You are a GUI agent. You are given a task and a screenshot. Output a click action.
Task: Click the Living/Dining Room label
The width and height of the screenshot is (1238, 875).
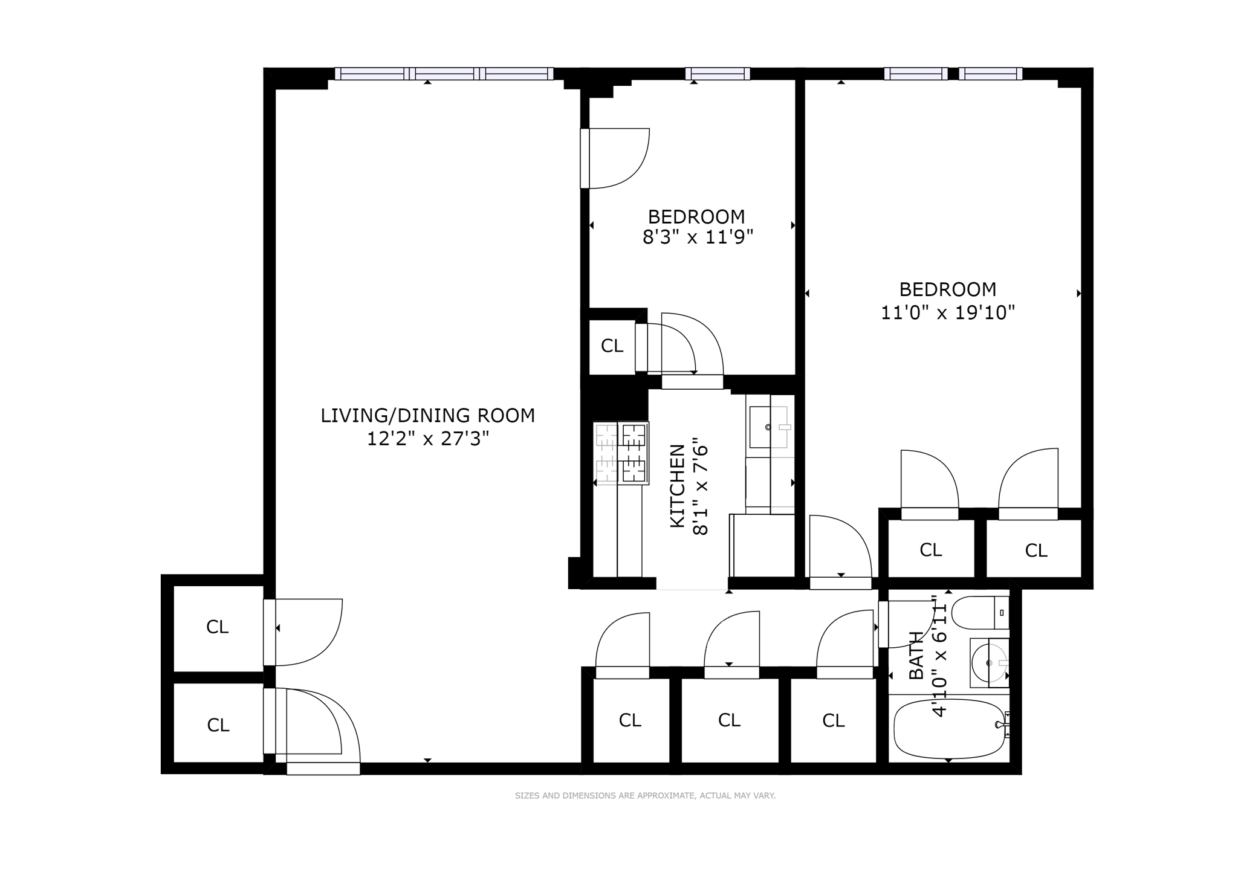tap(427, 416)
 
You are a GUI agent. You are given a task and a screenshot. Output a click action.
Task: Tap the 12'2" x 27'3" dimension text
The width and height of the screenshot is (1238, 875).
tap(427, 439)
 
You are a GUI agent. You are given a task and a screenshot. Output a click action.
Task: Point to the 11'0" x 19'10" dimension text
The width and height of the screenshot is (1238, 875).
tap(947, 313)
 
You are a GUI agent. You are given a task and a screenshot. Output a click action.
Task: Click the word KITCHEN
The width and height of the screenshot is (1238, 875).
tap(678, 486)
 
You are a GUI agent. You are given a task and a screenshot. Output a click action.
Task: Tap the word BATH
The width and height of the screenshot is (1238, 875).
tap(916, 655)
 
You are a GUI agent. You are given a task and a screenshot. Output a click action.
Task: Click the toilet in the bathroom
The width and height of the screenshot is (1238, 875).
tap(980, 612)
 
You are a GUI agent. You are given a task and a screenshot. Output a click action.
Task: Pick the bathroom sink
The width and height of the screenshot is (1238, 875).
tap(990, 663)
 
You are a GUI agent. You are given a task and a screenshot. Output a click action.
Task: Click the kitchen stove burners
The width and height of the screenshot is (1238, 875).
tap(621, 453)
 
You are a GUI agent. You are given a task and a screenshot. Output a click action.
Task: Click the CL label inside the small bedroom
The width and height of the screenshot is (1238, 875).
tap(612, 346)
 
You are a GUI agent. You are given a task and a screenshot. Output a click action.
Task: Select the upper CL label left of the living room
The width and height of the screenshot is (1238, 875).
tap(218, 627)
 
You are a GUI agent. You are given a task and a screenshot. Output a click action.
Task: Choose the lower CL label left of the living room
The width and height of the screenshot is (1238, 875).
tap(218, 725)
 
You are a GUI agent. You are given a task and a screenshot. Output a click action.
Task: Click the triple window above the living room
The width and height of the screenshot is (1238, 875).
tap(444, 74)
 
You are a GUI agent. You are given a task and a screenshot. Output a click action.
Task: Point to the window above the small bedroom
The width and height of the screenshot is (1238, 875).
tap(718, 74)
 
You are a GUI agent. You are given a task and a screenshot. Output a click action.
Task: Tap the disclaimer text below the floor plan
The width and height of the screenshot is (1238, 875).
tap(645, 796)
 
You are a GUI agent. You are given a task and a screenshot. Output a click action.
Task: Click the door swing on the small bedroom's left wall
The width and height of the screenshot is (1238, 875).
tap(615, 158)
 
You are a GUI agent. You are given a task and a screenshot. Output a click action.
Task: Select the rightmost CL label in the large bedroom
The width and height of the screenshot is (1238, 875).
tap(1036, 551)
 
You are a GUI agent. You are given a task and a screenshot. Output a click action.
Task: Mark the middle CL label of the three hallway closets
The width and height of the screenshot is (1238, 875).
tap(729, 720)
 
